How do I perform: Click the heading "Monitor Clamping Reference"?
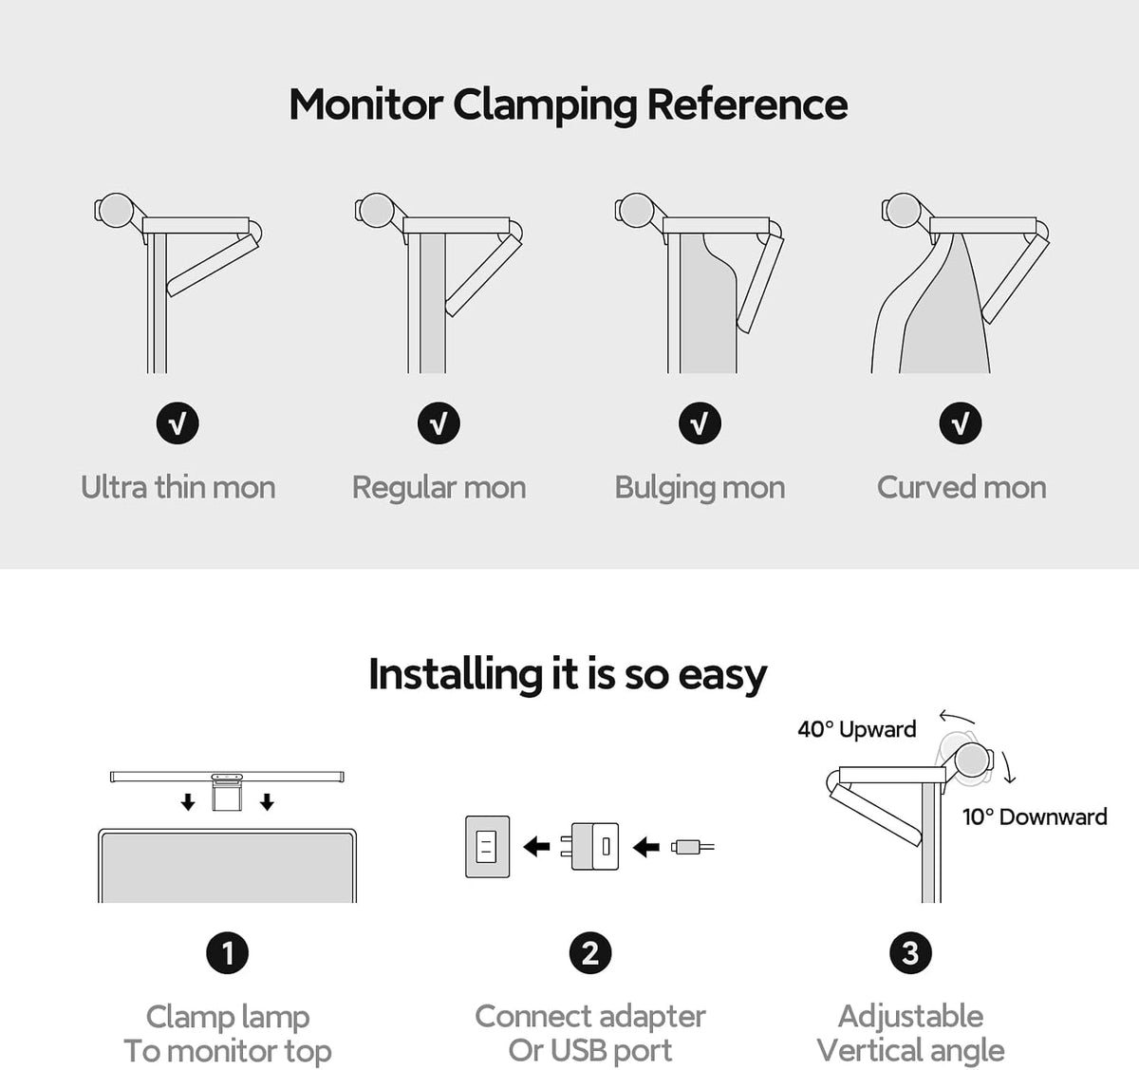point(569,105)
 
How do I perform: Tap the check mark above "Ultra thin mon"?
point(177,423)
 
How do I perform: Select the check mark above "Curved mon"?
point(961,423)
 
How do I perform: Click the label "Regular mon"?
point(439,488)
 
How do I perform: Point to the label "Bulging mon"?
point(700,488)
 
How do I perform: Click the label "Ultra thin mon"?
point(177,487)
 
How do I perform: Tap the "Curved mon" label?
point(962,487)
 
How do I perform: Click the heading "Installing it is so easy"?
point(568,675)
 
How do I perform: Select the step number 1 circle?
point(227,953)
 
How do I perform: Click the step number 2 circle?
point(590,953)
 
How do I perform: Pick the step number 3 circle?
point(911,953)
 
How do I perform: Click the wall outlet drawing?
point(488,846)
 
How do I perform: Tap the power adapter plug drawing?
point(589,846)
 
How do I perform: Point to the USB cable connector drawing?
point(693,846)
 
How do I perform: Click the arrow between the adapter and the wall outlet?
point(537,846)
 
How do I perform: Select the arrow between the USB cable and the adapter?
point(646,846)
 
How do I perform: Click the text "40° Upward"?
point(857,729)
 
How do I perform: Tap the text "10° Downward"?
point(1035,817)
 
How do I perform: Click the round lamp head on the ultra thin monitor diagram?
point(117,210)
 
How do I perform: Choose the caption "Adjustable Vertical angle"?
point(911,1033)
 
